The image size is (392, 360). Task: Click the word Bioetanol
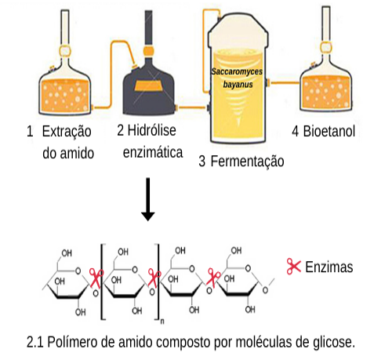pos(329,131)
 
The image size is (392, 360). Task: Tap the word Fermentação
pos(247,161)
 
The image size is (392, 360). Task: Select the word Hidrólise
pos(151,130)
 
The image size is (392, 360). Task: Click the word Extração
pos(67,132)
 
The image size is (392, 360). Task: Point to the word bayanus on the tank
pos(238,85)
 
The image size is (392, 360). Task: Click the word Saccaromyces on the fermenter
pos(237,71)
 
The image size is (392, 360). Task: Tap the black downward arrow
pos(148,199)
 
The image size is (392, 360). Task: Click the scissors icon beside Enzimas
pos(293,267)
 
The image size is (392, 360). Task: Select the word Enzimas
pos(329,267)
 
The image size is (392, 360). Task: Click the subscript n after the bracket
pos(162,321)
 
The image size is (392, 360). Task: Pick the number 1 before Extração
pos(30,131)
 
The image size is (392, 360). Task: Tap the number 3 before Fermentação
pos(202,161)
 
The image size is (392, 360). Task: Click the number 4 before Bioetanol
pos(295,131)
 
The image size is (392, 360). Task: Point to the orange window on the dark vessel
pos(148,86)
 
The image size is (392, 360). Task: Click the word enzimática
pos(153,152)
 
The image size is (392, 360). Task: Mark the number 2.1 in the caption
pos(35,342)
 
